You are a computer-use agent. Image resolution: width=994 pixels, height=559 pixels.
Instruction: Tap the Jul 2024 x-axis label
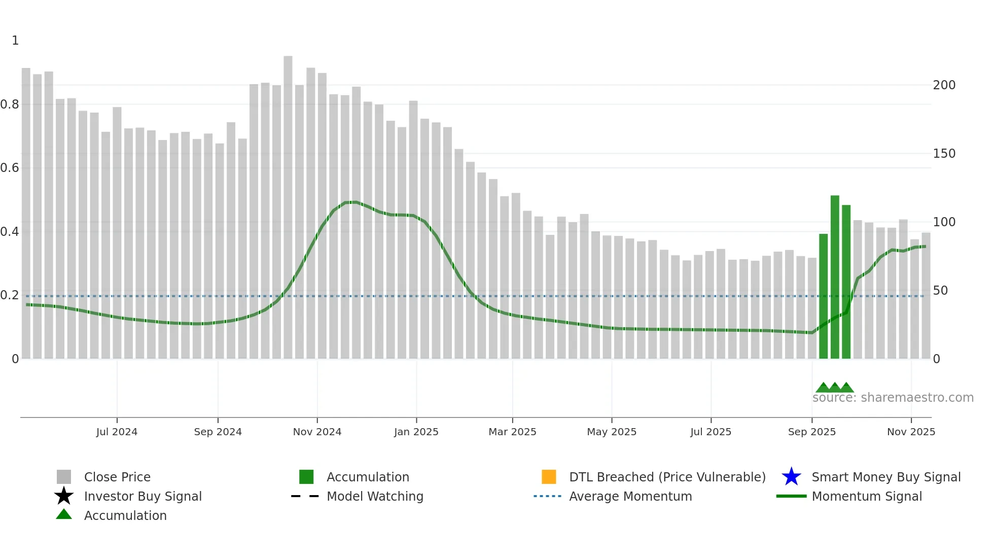coord(117,432)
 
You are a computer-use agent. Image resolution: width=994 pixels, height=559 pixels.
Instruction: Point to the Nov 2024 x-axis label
coord(317,432)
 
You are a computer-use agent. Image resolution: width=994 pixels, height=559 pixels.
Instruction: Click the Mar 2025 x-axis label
coord(512,432)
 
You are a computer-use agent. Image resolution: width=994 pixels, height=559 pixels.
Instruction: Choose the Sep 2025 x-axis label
coord(811,432)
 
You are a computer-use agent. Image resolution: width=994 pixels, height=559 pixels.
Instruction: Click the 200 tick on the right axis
coord(944,85)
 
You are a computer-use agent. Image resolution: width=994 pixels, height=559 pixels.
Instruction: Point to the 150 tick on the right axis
coord(944,154)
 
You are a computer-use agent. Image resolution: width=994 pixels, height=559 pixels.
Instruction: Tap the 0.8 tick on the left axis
coord(10,104)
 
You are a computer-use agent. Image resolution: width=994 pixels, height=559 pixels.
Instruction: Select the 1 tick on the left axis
coord(15,41)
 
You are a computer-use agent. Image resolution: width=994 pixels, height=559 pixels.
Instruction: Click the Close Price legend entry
coord(117,477)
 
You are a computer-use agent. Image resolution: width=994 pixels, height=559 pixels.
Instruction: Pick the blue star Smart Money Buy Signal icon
coord(791,477)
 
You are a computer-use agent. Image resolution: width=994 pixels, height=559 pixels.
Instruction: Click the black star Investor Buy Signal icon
coord(64,496)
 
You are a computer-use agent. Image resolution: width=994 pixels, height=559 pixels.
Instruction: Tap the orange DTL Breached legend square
coord(549,477)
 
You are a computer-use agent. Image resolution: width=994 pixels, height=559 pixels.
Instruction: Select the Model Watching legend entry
coord(375,496)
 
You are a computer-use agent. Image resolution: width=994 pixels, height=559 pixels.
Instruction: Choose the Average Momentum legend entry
coord(630,496)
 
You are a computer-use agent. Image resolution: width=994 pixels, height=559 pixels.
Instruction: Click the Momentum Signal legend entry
coord(867,496)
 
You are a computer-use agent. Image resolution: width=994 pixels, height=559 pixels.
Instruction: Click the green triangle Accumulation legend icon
coord(64,514)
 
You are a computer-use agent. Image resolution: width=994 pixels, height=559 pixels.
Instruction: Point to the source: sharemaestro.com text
coord(893,398)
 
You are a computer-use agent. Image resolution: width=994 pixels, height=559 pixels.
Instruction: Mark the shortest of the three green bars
coord(823,296)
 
